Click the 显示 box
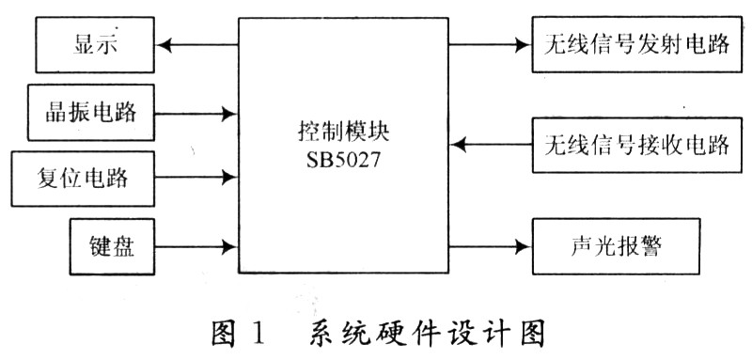[x=93, y=43]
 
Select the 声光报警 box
[x=616, y=248]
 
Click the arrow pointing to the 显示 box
[x=197, y=43]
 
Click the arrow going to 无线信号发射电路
[x=489, y=43]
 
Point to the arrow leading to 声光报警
[x=489, y=248]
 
